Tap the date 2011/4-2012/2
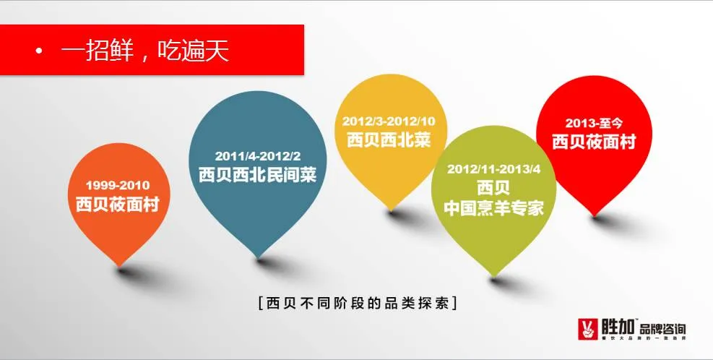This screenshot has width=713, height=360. [258, 155]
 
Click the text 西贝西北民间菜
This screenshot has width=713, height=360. [258, 174]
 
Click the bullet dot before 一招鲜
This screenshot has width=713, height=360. [38, 53]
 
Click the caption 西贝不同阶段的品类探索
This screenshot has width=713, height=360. [357, 303]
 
